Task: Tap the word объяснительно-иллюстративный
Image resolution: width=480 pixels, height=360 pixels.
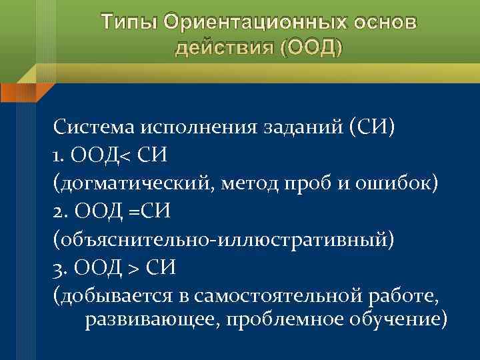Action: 224,239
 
